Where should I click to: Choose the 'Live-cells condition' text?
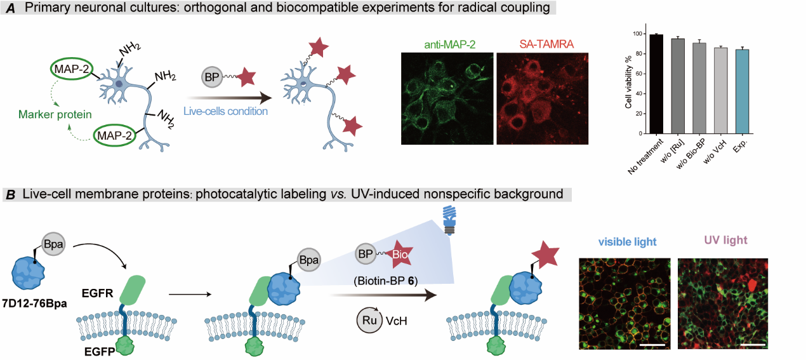click(x=225, y=110)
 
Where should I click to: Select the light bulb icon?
click(x=452, y=221)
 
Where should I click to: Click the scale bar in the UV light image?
click(x=751, y=345)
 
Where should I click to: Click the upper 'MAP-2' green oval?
click(x=74, y=69)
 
